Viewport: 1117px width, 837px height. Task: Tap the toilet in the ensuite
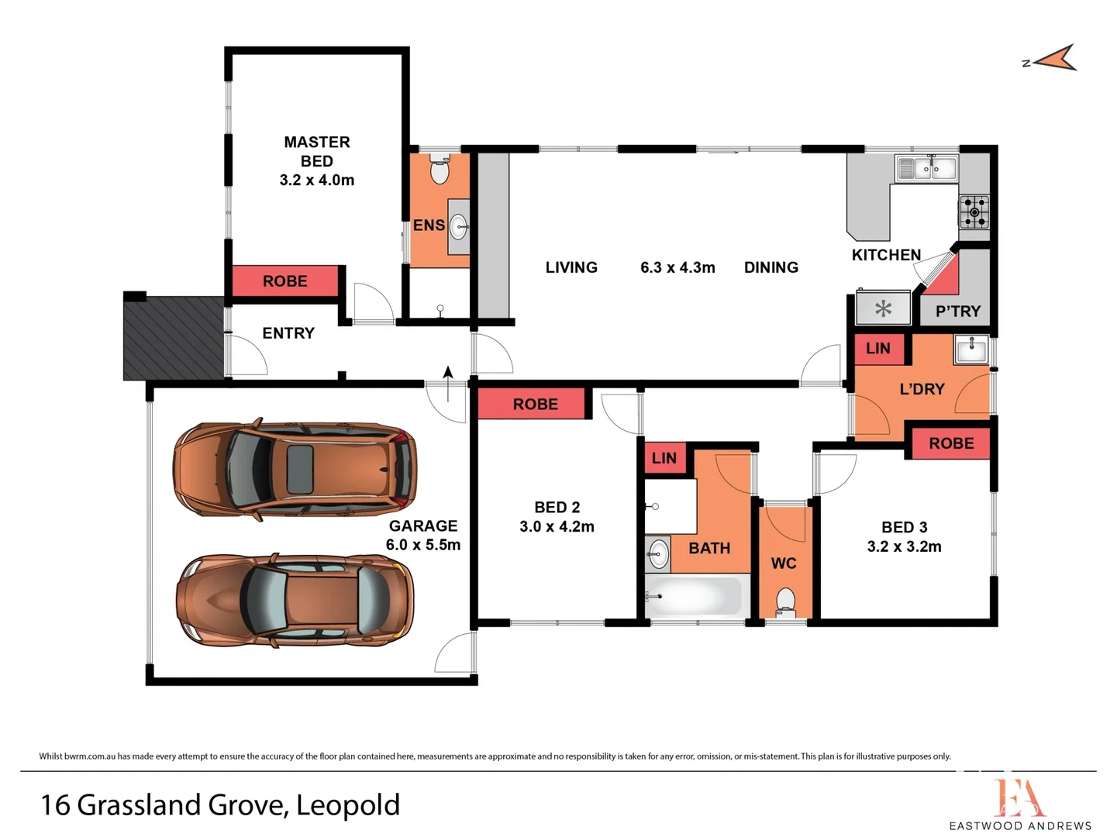pos(440,169)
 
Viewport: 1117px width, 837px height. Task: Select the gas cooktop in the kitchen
pos(974,212)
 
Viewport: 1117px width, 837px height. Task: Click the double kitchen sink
pos(926,168)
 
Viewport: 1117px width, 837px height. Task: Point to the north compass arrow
pos(1054,59)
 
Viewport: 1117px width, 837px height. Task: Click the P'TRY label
pos(957,312)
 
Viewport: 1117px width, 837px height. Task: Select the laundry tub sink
pos(970,350)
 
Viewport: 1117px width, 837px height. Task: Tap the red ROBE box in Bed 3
pos(951,443)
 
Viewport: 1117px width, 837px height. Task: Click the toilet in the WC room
pos(785,601)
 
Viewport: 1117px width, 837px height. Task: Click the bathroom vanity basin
pos(658,553)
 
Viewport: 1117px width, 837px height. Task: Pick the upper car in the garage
pos(295,470)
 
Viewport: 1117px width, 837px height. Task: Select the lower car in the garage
pos(295,600)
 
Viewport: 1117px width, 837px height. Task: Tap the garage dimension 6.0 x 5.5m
pos(423,545)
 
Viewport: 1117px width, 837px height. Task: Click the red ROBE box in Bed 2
pos(534,404)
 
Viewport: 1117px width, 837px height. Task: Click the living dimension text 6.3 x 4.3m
pos(677,267)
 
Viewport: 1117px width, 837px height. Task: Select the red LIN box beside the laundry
pos(878,349)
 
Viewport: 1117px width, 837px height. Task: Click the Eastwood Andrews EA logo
pos(1019,798)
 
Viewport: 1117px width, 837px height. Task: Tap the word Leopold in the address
pos(348,805)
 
